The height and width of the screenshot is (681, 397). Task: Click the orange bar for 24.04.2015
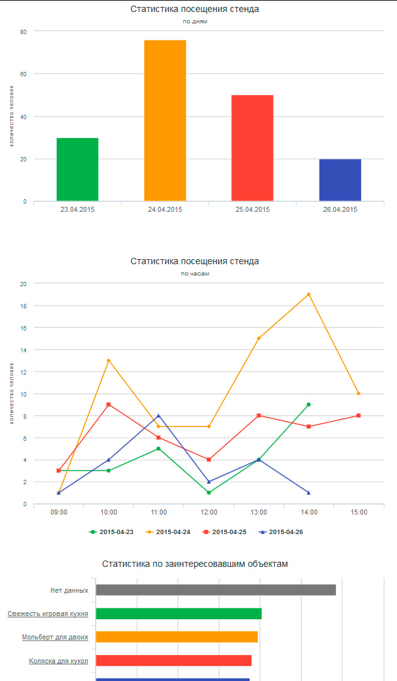point(165,120)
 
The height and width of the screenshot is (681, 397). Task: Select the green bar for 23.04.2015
point(78,169)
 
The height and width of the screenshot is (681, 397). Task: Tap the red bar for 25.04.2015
point(252,148)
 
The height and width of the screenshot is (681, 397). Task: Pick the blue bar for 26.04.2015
point(340,180)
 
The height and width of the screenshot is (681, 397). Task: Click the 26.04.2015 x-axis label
point(340,209)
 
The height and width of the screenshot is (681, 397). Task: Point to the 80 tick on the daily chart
point(23,32)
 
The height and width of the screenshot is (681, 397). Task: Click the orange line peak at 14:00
point(308,294)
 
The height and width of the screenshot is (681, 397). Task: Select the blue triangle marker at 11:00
point(158,416)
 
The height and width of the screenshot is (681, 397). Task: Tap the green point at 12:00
point(209,492)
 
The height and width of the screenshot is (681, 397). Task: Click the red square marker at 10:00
point(109,404)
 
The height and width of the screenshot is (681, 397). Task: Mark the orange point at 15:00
point(359,393)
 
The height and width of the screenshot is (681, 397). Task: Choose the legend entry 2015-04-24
point(169,532)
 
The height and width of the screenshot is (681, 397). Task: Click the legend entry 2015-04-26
point(282,532)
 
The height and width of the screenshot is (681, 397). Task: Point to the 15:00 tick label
point(359,513)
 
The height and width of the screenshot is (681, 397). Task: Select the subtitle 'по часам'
point(195,274)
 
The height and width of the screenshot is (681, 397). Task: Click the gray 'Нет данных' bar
point(216,590)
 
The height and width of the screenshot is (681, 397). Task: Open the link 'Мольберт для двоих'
point(55,637)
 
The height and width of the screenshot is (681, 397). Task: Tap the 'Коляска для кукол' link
point(59,661)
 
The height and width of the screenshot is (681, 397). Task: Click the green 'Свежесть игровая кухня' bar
point(178,614)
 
